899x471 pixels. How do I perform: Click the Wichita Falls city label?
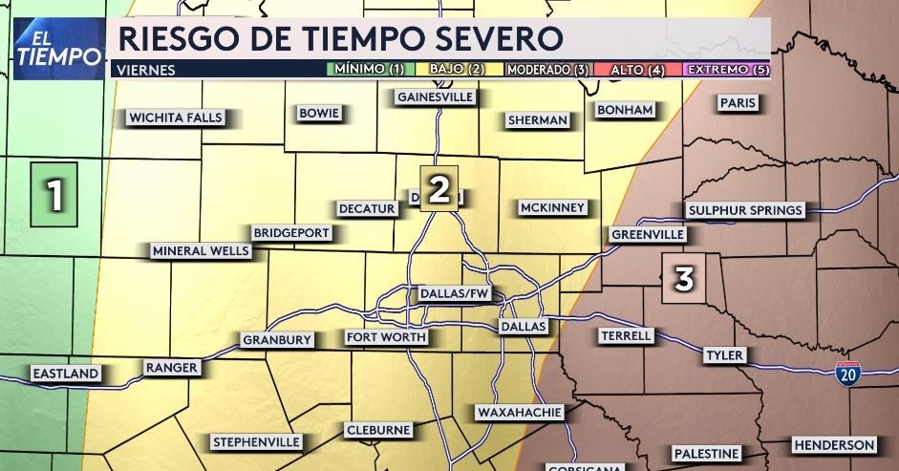pyautogui.click(x=175, y=118)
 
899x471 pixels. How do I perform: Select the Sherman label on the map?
pyautogui.click(x=537, y=120)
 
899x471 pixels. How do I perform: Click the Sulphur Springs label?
pyautogui.click(x=745, y=210)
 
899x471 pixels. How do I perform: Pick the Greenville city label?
pyautogui.click(x=648, y=234)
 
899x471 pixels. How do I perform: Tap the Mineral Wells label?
pyautogui.click(x=201, y=251)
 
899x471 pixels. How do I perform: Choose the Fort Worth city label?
pyautogui.click(x=386, y=337)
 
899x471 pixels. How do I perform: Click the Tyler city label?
pyautogui.click(x=723, y=355)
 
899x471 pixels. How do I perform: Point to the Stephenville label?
pyautogui.click(x=256, y=442)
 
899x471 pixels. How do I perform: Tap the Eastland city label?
pyautogui.click(x=65, y=374)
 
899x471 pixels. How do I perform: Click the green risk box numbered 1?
pyautogui.click(x=54, y=195)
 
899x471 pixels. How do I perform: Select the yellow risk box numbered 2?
pyautogui.click(x=439, y=188)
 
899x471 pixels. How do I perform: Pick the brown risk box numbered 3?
pyautogui.click(x=684, y=279)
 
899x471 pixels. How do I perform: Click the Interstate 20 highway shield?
pyautogui.click(x=847, y=374)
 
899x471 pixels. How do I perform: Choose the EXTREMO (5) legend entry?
pyautogui.click(x=728, y=69)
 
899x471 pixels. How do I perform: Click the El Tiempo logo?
pyautogui.click(x=58, y=48)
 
